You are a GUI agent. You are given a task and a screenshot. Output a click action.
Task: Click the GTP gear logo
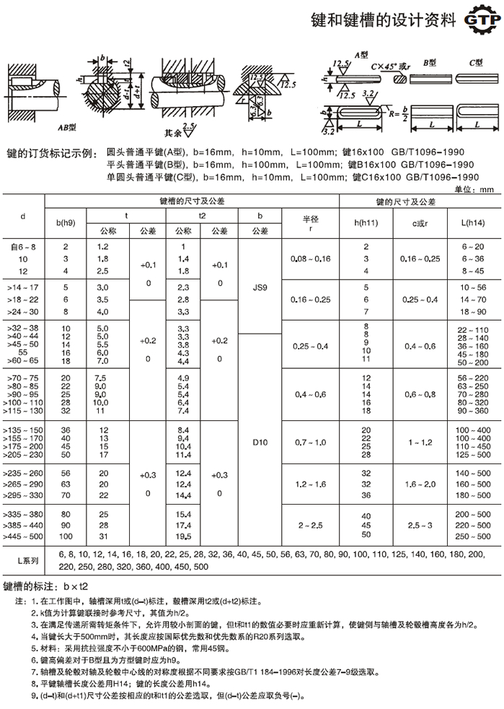479,22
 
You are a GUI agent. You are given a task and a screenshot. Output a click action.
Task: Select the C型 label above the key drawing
475,63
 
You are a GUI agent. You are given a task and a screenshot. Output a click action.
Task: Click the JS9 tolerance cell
260,287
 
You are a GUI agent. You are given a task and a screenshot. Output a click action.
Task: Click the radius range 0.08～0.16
310,258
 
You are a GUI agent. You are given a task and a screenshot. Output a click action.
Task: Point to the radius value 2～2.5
310,525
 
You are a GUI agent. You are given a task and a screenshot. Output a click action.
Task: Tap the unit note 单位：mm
473,188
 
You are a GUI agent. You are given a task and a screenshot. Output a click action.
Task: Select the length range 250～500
472,536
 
